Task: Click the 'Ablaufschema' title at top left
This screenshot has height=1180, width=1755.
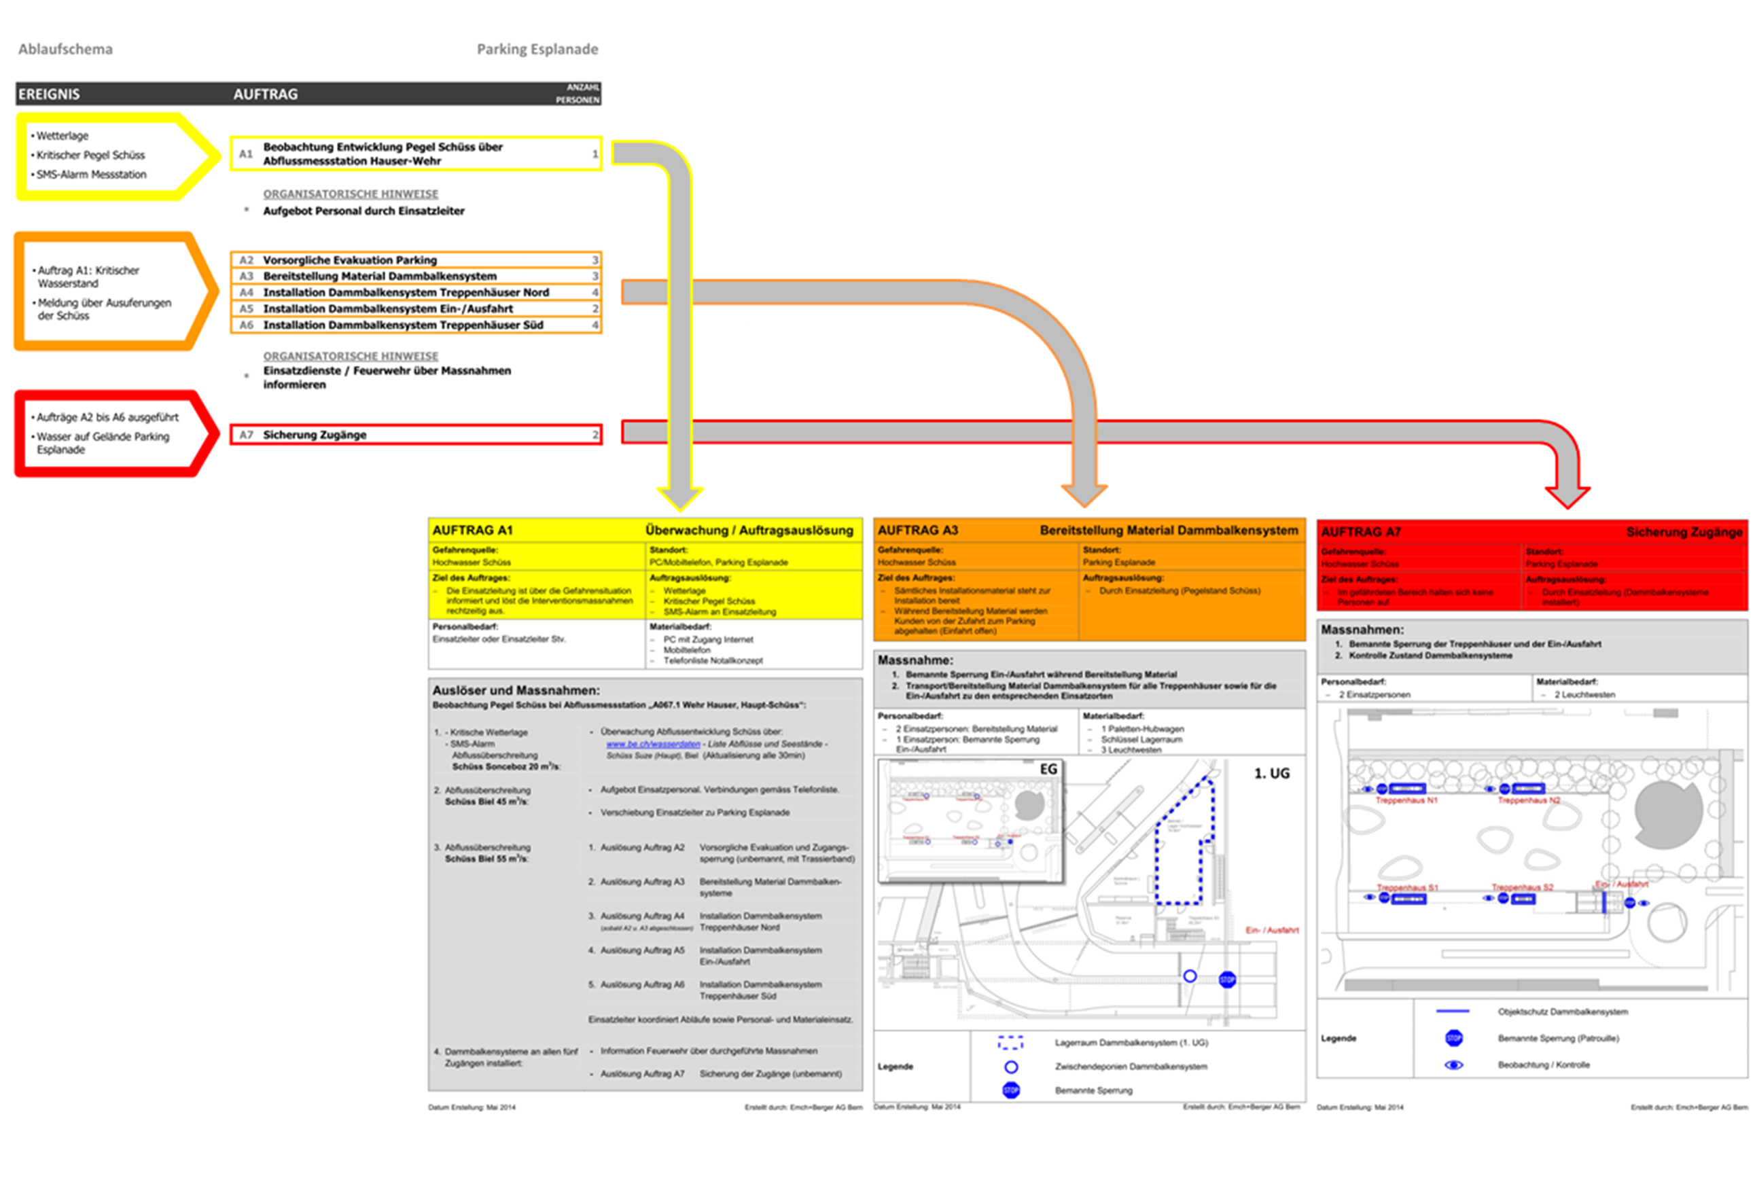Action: (65, 50)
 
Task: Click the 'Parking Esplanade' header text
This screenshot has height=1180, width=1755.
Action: (537, 50)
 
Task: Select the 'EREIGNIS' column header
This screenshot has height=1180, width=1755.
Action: (49, 94)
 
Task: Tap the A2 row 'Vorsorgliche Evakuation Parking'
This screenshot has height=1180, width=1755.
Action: (350, 260)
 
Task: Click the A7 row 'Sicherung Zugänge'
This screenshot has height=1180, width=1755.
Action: (315, 435)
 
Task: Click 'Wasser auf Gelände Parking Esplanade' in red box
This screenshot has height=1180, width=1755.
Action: (103, 443)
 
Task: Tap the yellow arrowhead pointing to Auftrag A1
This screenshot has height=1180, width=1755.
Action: (679, 497)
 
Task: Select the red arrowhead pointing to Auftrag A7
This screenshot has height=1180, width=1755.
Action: (1567, 497)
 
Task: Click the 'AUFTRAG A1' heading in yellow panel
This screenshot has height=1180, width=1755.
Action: (473, 531)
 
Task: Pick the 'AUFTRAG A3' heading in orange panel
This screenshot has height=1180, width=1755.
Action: (918, 531)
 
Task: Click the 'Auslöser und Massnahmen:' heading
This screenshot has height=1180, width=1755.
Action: (516, 690)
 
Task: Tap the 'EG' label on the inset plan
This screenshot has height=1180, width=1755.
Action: (1048, 769)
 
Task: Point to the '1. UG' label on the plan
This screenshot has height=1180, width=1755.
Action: (1272, 774)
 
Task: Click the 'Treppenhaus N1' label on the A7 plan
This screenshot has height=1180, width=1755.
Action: (1406, 801)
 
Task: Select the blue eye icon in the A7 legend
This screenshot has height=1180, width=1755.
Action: (1454, 1065)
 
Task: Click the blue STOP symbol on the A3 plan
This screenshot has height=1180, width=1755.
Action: (1228, 979)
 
